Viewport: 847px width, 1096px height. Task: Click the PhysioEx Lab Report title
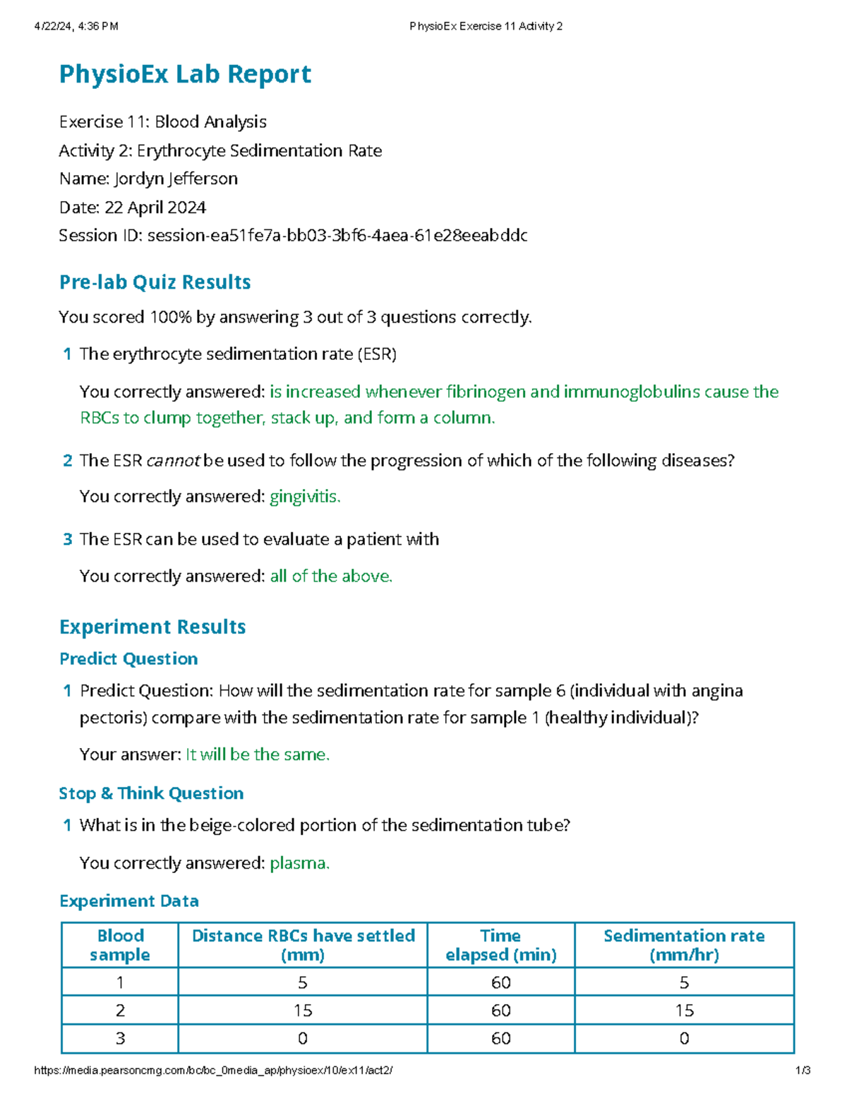pos(185,74)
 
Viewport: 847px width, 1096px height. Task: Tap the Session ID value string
pos(337,236)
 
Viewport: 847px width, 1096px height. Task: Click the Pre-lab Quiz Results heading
pos(155,282)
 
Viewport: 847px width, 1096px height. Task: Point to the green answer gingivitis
pos(305,497)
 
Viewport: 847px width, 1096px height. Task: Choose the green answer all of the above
pos(331,577)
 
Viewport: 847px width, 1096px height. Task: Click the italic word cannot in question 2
pos(174,461)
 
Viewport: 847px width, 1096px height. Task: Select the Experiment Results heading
pos(152,627)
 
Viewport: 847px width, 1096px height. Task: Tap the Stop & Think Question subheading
pos(151,793)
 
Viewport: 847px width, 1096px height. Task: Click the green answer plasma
pos(299,863)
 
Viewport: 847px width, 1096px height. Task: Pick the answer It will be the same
pos(258,754)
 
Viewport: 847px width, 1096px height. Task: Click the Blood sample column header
pos(120,945)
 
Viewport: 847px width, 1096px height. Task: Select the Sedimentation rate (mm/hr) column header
pos(684,945)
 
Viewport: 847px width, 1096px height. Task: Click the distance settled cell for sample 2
pos(303,1011)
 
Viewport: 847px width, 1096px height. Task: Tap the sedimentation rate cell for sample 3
pos(684,1039)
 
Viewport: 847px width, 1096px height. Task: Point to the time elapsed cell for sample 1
pos(500,982)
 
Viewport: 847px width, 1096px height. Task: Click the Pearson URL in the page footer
pos(213,1071)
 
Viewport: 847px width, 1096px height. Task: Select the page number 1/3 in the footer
pos(803,1071)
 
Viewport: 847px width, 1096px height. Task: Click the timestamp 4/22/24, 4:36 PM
pos(76,27)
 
